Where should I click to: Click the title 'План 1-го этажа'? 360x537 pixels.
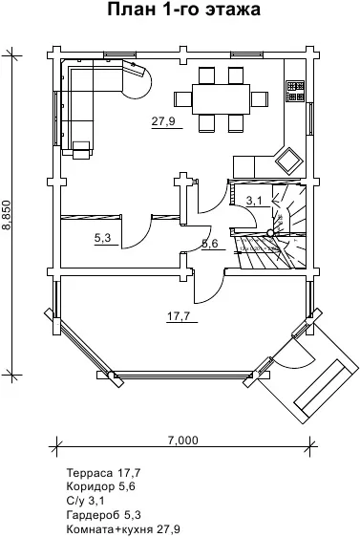[x=183, y=10]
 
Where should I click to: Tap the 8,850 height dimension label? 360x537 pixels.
[x=8, y=215]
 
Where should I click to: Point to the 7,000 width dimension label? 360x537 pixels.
[x=182, y=440]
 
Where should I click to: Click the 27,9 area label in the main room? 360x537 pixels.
[x=163, y=121]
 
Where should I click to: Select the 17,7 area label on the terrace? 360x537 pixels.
[x=179, y=315]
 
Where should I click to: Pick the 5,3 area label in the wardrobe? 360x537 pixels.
[x=103, y=238]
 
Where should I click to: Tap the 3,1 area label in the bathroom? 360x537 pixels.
[x=255, y=201]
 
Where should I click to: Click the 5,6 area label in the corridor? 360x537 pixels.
[x=210, y=244]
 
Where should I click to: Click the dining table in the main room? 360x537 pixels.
[x=222, y=99]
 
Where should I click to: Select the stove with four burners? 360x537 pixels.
[x=295, y=91]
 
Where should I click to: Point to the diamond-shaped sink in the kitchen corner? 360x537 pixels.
[x=289, y=161]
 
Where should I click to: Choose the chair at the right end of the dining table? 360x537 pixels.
[x=259, y=99]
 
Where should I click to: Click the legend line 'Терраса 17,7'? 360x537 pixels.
[x=103, y=473]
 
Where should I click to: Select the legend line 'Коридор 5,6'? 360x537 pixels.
[x=101, y=486]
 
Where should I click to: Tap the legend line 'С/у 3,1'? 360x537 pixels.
[x=85, y=501]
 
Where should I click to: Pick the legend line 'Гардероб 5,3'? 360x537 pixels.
[x=104, y=515]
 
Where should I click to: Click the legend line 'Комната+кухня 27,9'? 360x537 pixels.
[x=123, y=528]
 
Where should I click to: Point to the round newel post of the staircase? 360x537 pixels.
[x=270, y=233]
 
